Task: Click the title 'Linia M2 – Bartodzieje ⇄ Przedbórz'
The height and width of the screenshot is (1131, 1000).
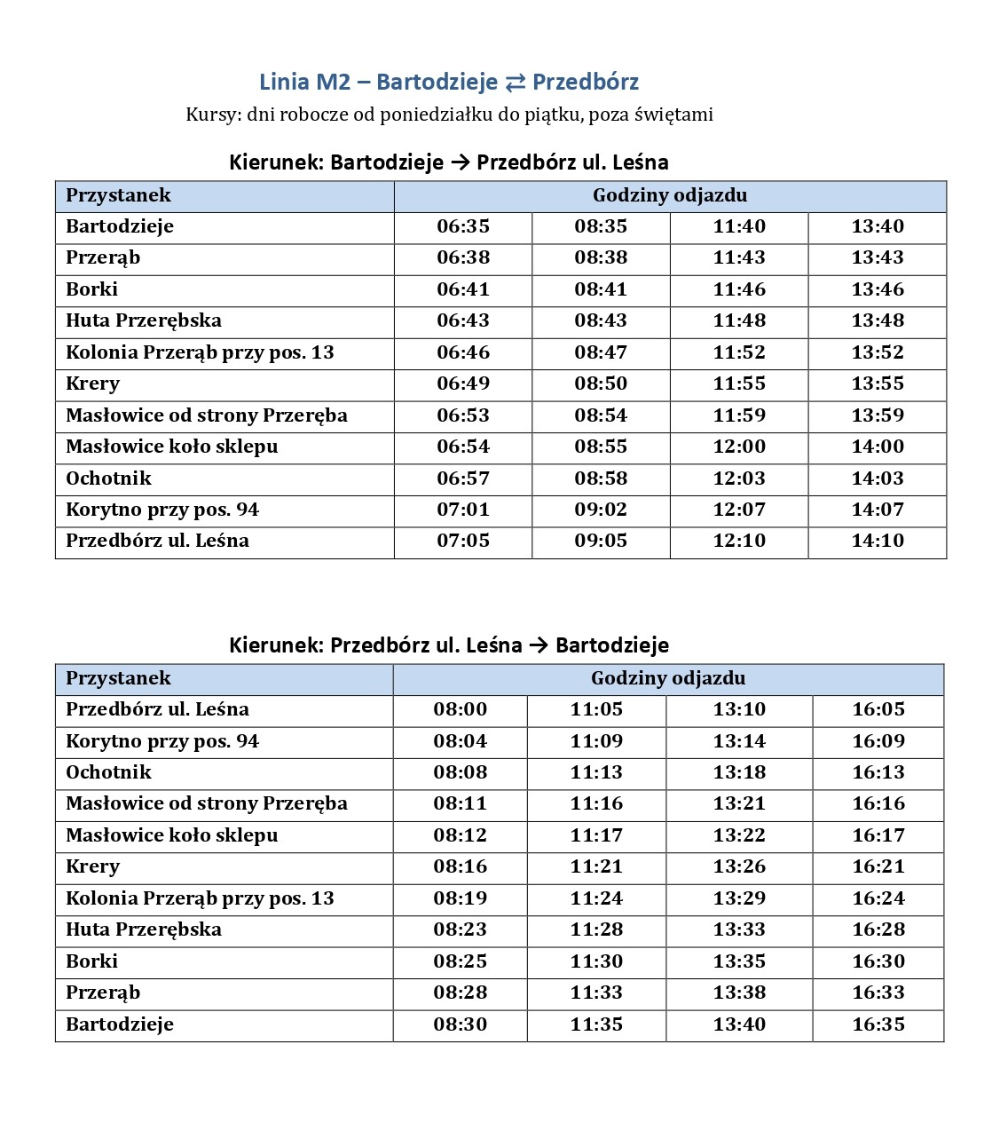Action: click(449, 82)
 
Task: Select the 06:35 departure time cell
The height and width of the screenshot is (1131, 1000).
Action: click(463, 226)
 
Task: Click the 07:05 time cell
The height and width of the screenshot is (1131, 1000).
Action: click(463, 541)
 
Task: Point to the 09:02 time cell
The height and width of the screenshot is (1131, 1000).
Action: click(601, 510)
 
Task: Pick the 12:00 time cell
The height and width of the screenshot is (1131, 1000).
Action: click(739, 447)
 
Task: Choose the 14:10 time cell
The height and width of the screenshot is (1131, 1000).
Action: click(878, 541)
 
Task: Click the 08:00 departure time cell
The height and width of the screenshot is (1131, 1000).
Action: click(461, 709)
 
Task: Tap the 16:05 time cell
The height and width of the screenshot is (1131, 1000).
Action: click(878, 709)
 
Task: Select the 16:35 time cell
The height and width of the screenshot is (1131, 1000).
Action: click(878, 1024)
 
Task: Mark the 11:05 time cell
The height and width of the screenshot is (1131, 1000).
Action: click(596, 709)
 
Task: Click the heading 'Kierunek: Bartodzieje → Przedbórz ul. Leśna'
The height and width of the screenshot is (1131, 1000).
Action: click(449, 162)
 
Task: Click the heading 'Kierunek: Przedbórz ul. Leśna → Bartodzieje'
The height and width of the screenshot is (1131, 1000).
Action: click(449, 645)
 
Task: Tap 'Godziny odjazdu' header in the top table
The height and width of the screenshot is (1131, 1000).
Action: click(670, 195)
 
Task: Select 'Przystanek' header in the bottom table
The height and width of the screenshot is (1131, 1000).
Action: click(118, 678)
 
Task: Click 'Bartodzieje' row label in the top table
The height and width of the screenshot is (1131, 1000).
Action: click(120, 226)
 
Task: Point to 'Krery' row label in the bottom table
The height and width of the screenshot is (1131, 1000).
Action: click(92, 866)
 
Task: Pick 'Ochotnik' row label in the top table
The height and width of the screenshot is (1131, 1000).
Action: click(108, 478)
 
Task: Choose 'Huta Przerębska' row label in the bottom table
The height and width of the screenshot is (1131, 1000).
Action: click(144, 929)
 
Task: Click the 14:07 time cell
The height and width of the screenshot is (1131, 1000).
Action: click(878, 510)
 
